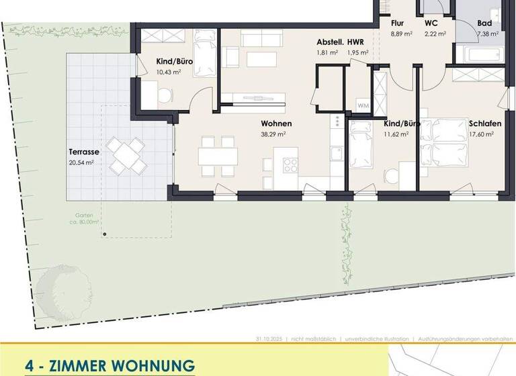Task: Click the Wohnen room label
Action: click(277, 124)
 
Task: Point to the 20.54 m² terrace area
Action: click(81, 162)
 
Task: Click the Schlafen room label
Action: click(481, 124)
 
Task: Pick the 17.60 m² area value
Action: click(481, 134)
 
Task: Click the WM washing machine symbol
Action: click(363, 106)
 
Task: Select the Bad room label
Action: click(485, 23)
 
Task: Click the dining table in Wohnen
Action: click(218, 156)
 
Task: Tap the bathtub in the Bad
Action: click(481, 52)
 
